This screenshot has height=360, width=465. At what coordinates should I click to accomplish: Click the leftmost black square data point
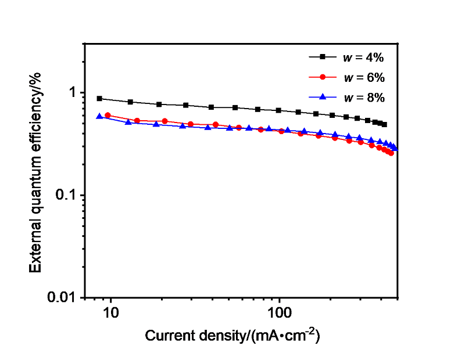point(99,99)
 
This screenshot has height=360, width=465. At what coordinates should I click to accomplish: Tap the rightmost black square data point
point(384,124)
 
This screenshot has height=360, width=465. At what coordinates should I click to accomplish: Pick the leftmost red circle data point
point(108,116)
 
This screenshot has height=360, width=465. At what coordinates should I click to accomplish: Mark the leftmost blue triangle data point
point(99,116)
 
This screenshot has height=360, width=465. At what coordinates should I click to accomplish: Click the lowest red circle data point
point(391,153)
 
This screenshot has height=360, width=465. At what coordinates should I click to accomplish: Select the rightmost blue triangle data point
point(395,148)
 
